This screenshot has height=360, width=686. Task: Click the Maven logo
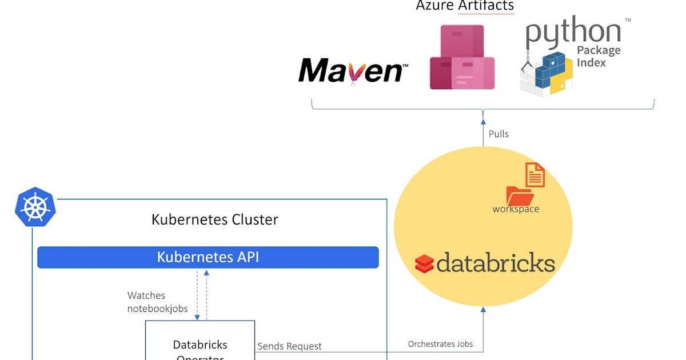pyautogui.click(x=353, y=71)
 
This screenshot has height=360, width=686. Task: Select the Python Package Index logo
pyautogui.click(x=572, y=57)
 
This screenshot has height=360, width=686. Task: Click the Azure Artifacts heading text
pyautogui.click(x=465, y=6)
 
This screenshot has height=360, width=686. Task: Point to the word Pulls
pyautogui.click(x=498, y=134)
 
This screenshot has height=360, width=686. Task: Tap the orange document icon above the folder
pyautogui.click(x=535, y=175)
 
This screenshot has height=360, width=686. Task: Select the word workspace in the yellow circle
pyautogui.click(x=516, y=209)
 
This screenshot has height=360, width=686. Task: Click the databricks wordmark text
pyautogui.click(x=496, y=263)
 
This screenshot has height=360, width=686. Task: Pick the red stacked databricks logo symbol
pyautogui.click(x=425, y=264)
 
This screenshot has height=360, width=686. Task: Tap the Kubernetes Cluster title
pyautogui.click(x=214, y=219)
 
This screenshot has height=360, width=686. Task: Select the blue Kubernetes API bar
pyautogui.click(x=208, y=257)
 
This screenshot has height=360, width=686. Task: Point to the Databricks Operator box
pyautogui.click(x=200, y=343)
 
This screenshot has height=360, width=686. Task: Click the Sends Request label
pyautogui.click(x=289, y=346)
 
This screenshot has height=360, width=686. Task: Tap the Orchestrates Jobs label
pyautogui.click(x=440, y=344)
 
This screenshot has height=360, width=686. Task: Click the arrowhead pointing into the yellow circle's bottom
pyautogui.click(x=483, y=310)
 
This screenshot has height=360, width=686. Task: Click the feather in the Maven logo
pyautogui.click(x=353, y=73)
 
